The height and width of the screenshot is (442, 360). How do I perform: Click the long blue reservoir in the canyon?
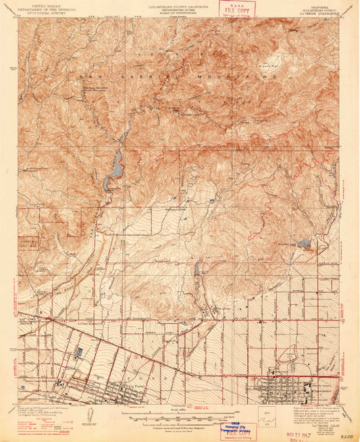pos(113,170)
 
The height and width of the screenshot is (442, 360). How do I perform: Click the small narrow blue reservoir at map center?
pos(197,269)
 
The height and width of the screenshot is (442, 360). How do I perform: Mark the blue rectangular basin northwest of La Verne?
pos(79,351)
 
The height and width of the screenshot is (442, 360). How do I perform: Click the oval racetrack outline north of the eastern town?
pos(292,352)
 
